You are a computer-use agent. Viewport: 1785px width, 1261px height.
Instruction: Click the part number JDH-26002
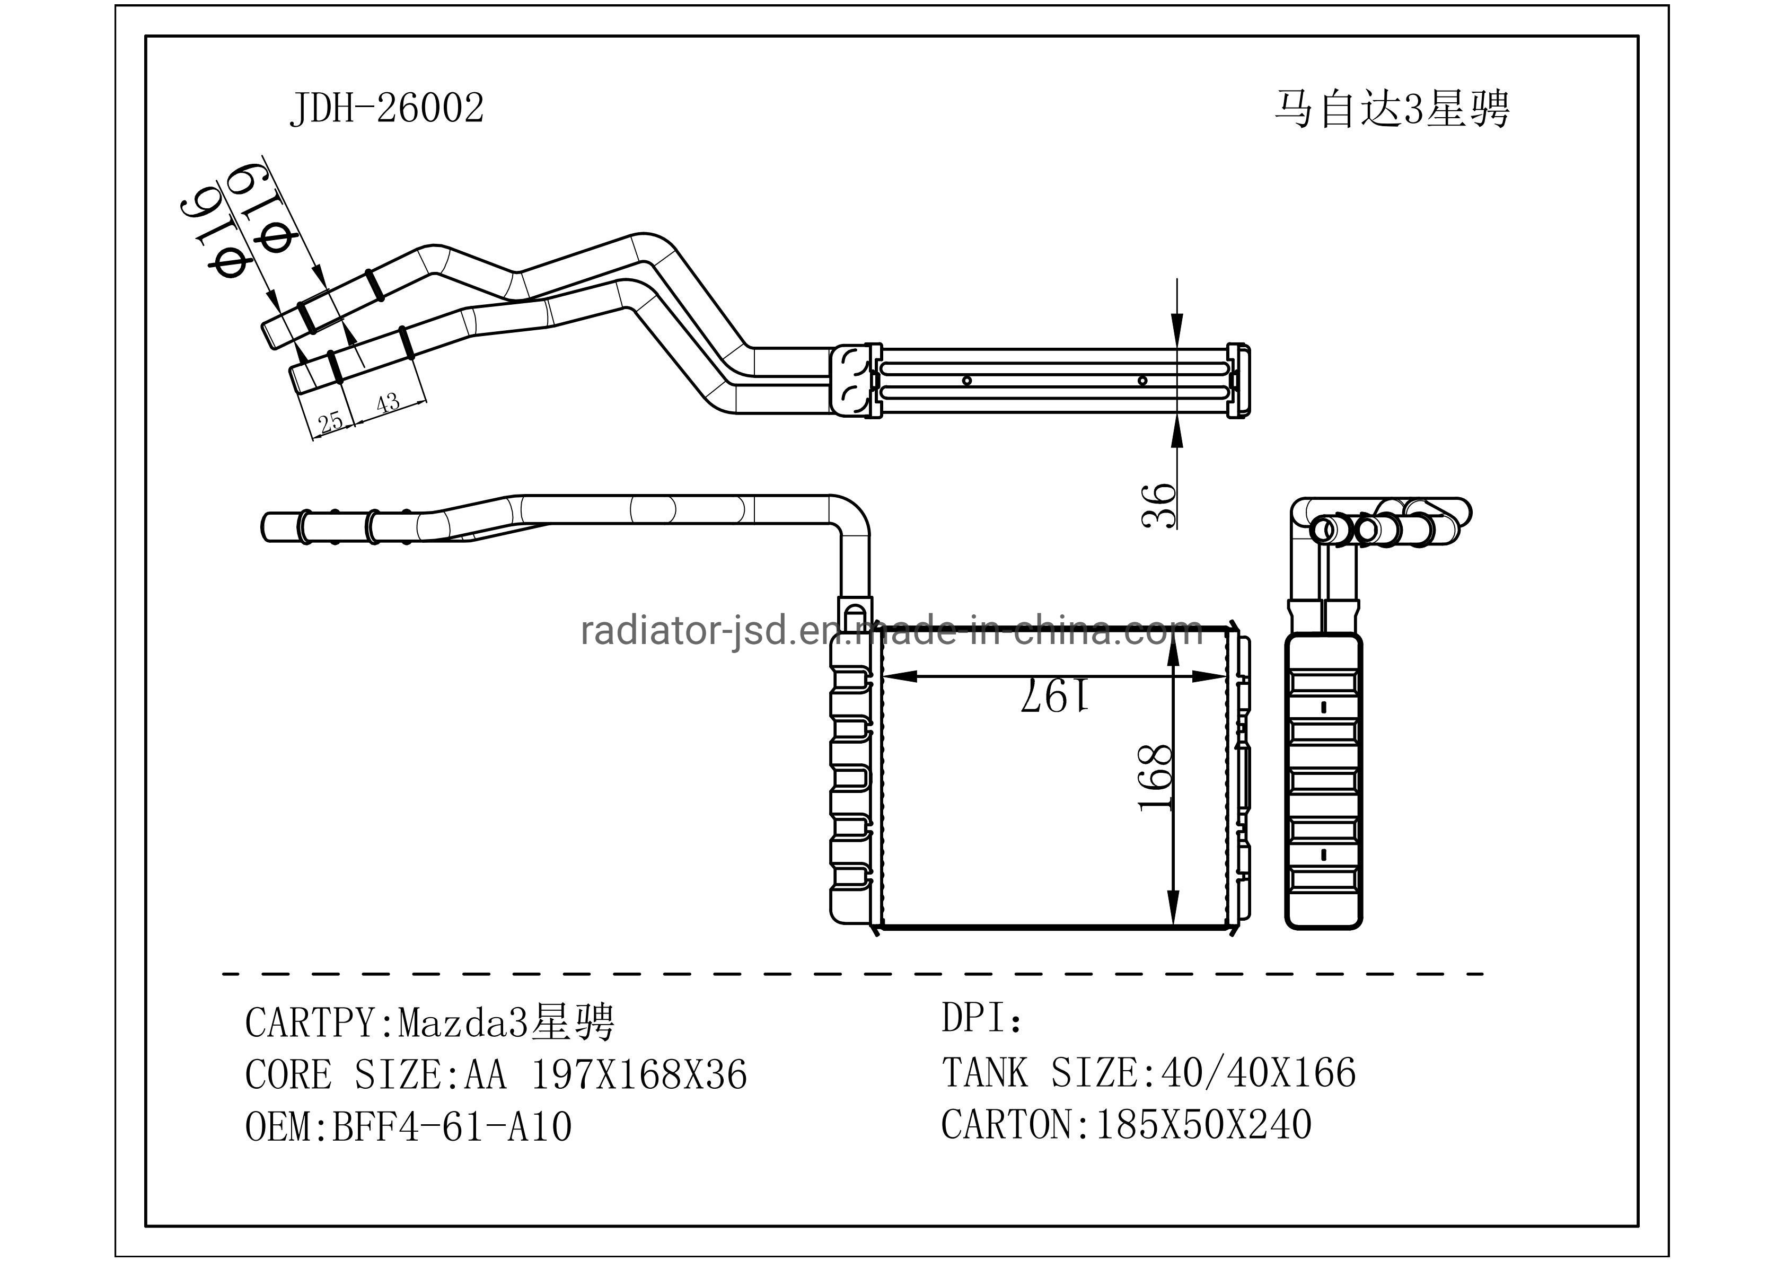tap(386, 108)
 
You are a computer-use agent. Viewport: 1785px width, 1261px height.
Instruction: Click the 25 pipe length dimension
tap(330, 422)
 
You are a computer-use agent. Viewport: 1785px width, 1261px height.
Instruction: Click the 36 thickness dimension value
tap(1158, 505)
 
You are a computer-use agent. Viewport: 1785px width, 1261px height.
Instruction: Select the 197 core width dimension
tap(1054, 694)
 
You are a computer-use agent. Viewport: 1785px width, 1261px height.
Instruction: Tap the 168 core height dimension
tap(1155, 778)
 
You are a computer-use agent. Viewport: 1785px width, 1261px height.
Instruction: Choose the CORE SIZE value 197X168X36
tap(638, 1074)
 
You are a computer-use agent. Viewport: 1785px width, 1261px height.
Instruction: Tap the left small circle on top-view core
tap(967, 380)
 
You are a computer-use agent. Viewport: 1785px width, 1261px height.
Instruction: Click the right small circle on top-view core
tap(1142, 380)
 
